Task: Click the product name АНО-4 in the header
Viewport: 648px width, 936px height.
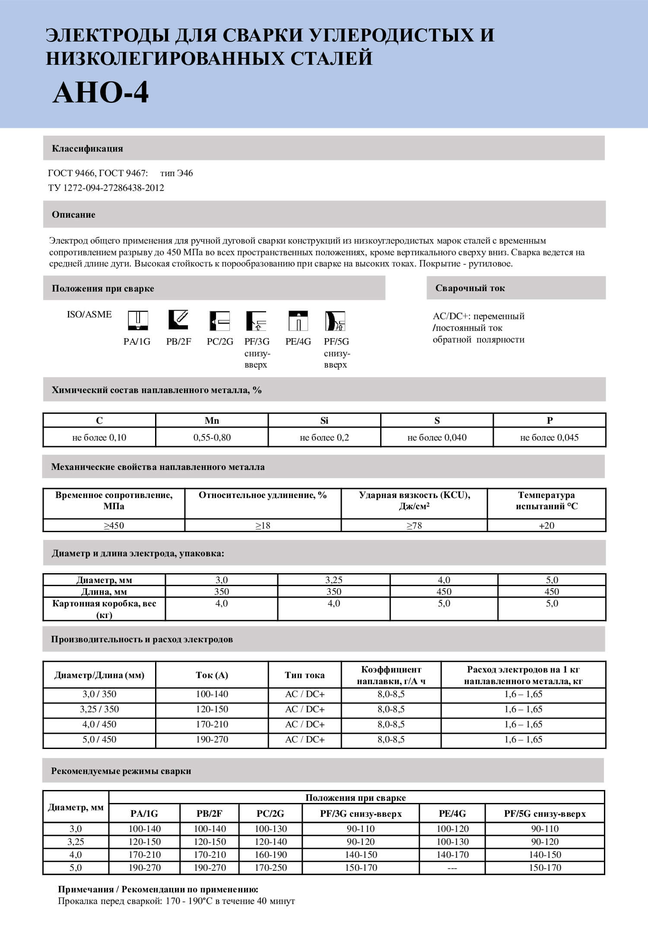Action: (x=101, y=92)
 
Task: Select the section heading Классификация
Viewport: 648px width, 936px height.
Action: (x=87, y=149)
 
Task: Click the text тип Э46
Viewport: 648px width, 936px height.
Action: (x=176, y=173)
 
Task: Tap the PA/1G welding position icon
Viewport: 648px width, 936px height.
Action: (x=138, y=320)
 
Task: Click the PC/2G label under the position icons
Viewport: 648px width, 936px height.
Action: (x=220, y=342)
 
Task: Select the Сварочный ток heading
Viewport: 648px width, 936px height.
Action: (x=470, y=288)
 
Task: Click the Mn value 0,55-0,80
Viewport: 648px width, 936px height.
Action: (x=212, y=438)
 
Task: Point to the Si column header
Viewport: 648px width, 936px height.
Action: (x=324, y=421)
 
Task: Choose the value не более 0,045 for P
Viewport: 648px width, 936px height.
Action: (x=549, y=438)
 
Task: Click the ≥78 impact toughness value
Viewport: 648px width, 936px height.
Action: (x=414, y=526)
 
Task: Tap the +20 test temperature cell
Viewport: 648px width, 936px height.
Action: (x=546, y=526)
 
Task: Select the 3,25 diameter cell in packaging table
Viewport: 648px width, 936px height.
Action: (x=334, y=580)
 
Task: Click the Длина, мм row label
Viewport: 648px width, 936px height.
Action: (x=104, y=592)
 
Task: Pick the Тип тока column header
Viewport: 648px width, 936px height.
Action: (x=305, y=675)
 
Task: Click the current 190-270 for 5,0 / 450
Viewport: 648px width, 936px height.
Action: (x=212, y=739)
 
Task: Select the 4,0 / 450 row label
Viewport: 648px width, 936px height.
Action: (x=99, y=724)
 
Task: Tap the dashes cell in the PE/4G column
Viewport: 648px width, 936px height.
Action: (x=452, y=868)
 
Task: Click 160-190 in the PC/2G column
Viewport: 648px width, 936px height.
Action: (x=270, y=855)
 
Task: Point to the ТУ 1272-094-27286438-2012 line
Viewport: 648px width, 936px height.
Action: (x=106, y=188)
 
